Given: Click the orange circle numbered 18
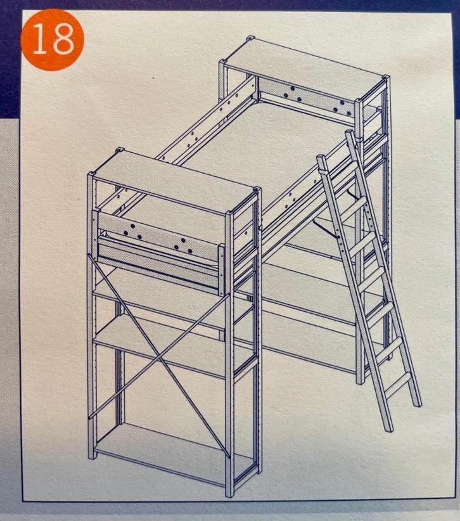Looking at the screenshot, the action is tap(52, 40).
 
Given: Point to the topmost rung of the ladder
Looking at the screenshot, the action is tap(355, 205).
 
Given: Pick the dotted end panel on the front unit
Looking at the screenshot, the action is tap(159, 232).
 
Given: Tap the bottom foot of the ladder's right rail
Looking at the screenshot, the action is tap(417, 404).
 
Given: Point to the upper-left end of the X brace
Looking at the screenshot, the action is tap(91, 256).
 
